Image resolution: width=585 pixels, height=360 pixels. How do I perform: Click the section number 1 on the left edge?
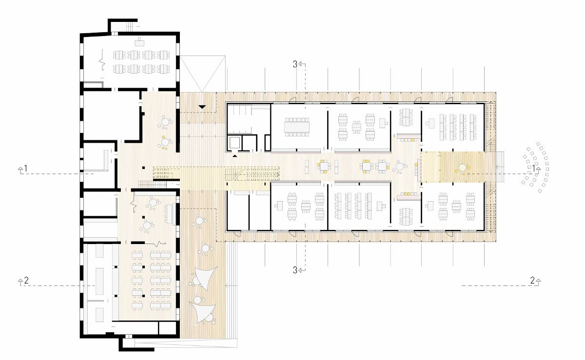(26, 169)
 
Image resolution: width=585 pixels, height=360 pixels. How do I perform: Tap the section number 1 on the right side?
(534, 169)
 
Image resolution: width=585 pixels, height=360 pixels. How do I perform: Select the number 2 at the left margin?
(26, 281)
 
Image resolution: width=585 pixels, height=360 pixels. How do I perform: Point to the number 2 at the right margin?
(533, 281)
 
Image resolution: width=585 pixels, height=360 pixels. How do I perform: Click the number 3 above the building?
(295, 64)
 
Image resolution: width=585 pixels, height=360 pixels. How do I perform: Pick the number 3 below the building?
(295, 270)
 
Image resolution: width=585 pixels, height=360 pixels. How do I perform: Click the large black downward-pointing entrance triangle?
(202, 107)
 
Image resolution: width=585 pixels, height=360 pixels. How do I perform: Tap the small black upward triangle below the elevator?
(235, 156)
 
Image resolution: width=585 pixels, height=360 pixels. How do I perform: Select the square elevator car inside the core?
(235, 143)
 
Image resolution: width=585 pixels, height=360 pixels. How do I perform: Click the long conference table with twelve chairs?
(297, 127)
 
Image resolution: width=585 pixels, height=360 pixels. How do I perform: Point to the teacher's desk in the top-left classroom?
(139, 42)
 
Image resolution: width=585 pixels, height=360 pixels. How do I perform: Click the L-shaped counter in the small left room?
(104, 162)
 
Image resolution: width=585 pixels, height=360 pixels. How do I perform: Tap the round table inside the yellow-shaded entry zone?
(463, 167)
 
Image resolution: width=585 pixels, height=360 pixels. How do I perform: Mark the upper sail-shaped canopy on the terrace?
(206, 278)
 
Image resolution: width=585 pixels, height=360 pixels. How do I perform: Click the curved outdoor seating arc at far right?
(537, 167)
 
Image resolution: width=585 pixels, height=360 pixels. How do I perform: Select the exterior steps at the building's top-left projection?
(130, 26)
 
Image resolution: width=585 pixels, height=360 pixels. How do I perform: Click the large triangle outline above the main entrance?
(202, 74)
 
